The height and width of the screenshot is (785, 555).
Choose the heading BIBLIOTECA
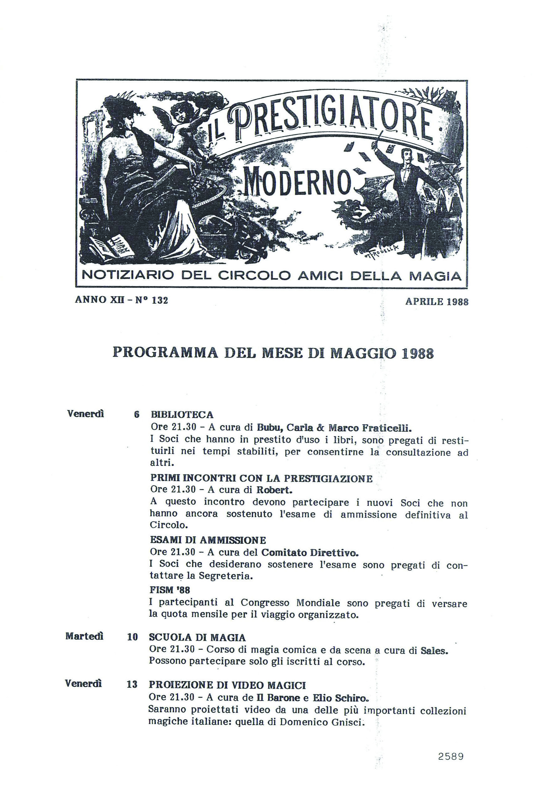click(182, 415)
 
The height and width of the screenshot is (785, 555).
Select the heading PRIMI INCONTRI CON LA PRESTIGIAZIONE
click(261, 478)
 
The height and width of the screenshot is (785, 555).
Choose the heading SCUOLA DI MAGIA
click(197, 637)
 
